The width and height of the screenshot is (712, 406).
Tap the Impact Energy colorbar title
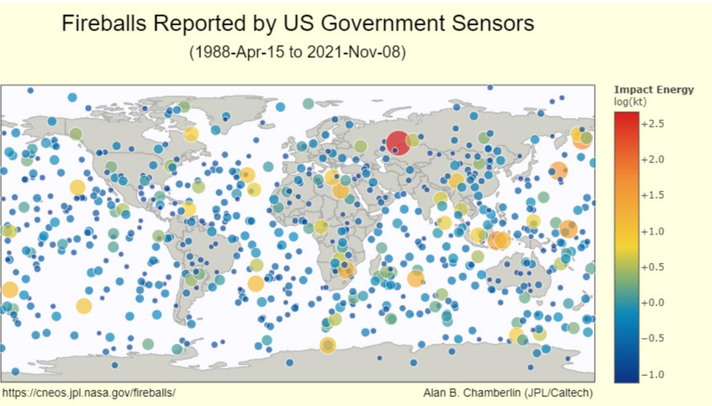[654, 90]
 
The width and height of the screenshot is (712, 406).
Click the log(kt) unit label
[631, 102]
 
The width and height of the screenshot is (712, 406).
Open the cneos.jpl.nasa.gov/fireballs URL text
[88, 393]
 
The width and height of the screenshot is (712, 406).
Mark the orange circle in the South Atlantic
[256, 283]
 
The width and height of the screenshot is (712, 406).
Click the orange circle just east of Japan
[558, 170]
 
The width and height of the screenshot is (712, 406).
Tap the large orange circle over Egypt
[340, 190]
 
